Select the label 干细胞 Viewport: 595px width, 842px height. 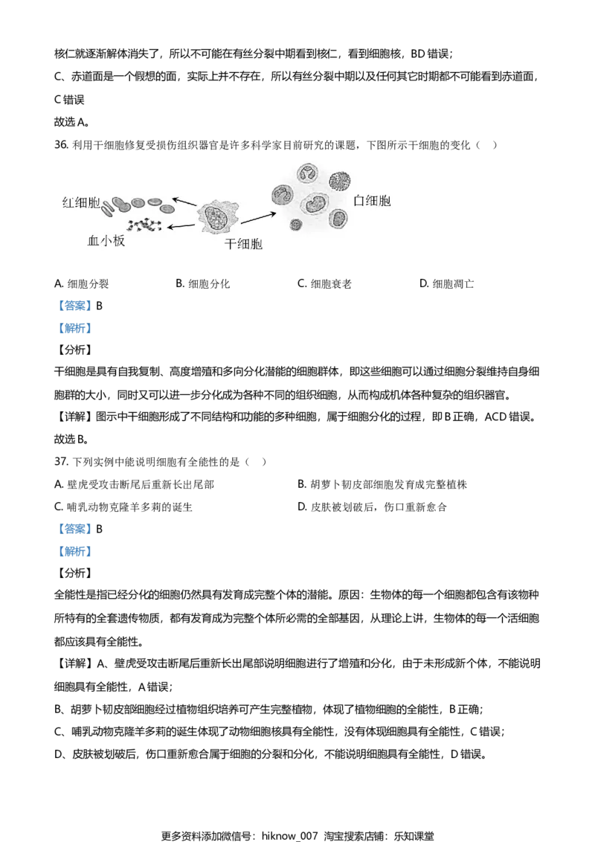click(244, 244)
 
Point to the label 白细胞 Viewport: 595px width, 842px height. click(373, 201)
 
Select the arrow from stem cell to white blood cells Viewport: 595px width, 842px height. click(257, 216)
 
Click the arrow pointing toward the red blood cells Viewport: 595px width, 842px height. click(184, 202)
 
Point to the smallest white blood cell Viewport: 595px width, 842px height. click(295, 224)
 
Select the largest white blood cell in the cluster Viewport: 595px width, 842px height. click(315, 203)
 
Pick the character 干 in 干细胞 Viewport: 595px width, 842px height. click(231, 244)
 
